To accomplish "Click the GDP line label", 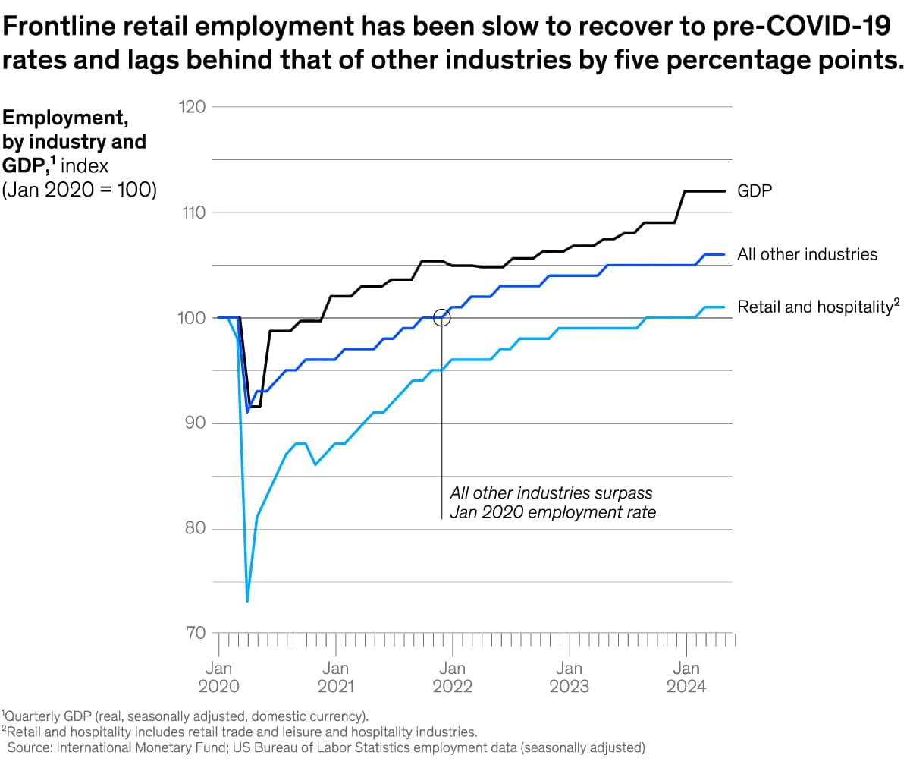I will click(755, 191).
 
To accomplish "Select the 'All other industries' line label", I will click(807, 255).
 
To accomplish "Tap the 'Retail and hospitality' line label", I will click(817, 307).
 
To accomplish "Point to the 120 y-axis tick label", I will click(193, 107).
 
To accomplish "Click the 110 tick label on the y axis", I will click(193, 212).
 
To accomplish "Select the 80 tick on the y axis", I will click(195, 528).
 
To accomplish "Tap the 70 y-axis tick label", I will click(195, 633).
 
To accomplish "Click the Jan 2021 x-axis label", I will click(335, 677).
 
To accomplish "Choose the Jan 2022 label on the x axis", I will click(452, 677).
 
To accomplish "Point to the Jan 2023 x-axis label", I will click(569, 677).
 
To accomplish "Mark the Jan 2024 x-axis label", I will click(686, 677).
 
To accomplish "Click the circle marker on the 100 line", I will click(442, 317).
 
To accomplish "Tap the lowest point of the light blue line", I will click(247, 600).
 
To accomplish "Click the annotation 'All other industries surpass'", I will click(551, 493).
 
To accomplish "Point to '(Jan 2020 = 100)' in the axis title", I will click(80, 190).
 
